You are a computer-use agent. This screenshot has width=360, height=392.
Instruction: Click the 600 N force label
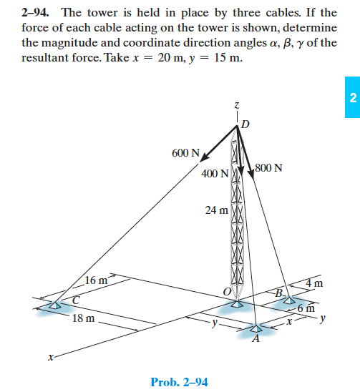(185, 154)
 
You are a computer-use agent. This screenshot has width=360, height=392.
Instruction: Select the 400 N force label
(215, 174)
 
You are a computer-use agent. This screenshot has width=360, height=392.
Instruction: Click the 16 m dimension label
(96, 280)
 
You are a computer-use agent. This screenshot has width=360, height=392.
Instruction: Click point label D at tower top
(245, 126)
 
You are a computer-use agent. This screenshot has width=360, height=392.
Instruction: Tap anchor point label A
(254, 340)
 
